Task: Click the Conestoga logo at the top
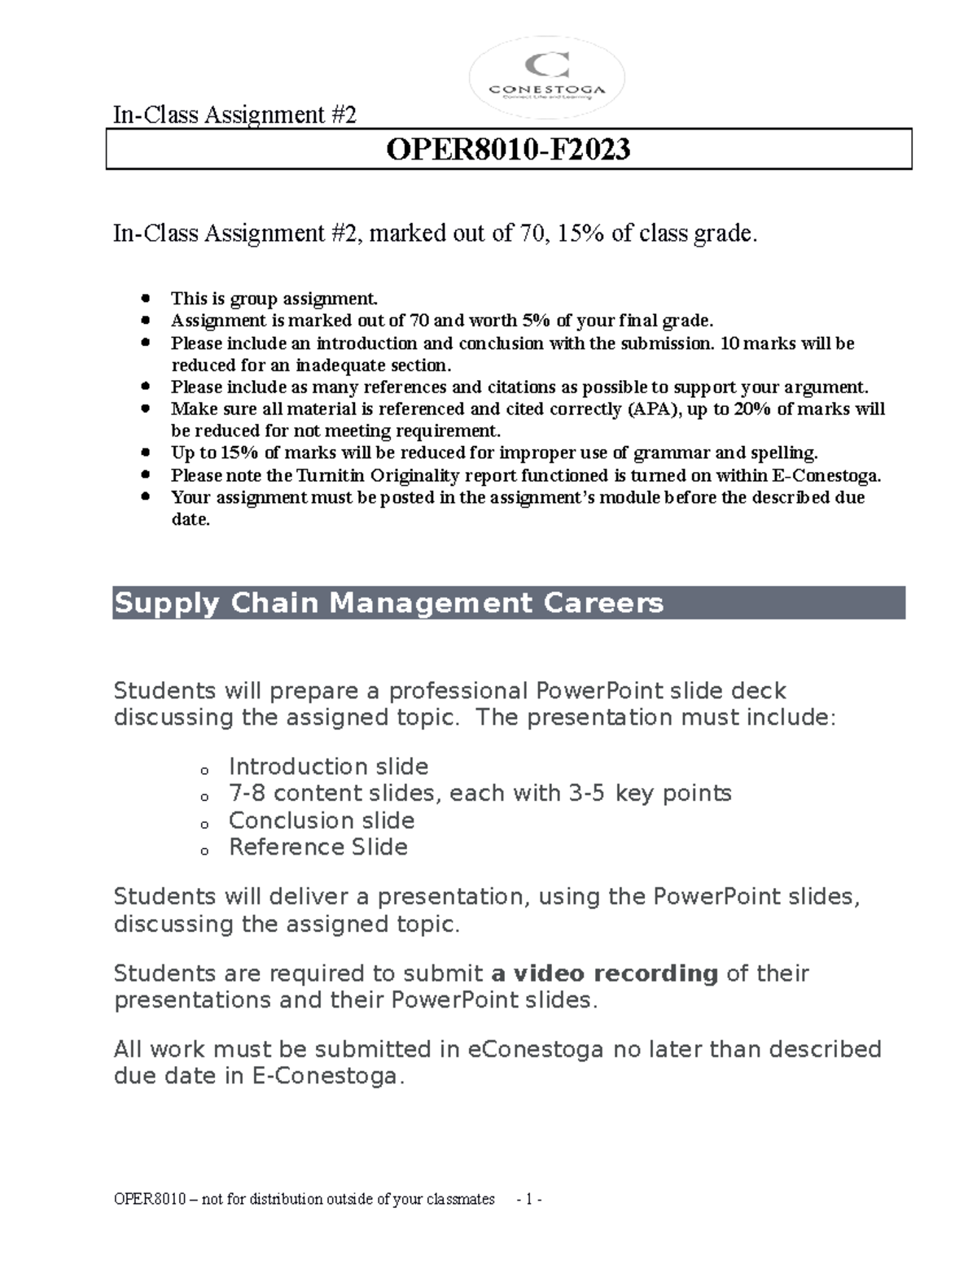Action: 547,79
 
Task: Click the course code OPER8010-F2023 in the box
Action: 508,150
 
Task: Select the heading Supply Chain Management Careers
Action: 388,603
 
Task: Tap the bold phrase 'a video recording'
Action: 605,973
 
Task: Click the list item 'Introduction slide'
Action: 328,767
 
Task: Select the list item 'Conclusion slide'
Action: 322,820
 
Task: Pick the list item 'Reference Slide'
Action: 318,847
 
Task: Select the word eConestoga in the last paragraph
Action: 535,1049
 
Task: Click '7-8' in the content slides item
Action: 248,794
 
